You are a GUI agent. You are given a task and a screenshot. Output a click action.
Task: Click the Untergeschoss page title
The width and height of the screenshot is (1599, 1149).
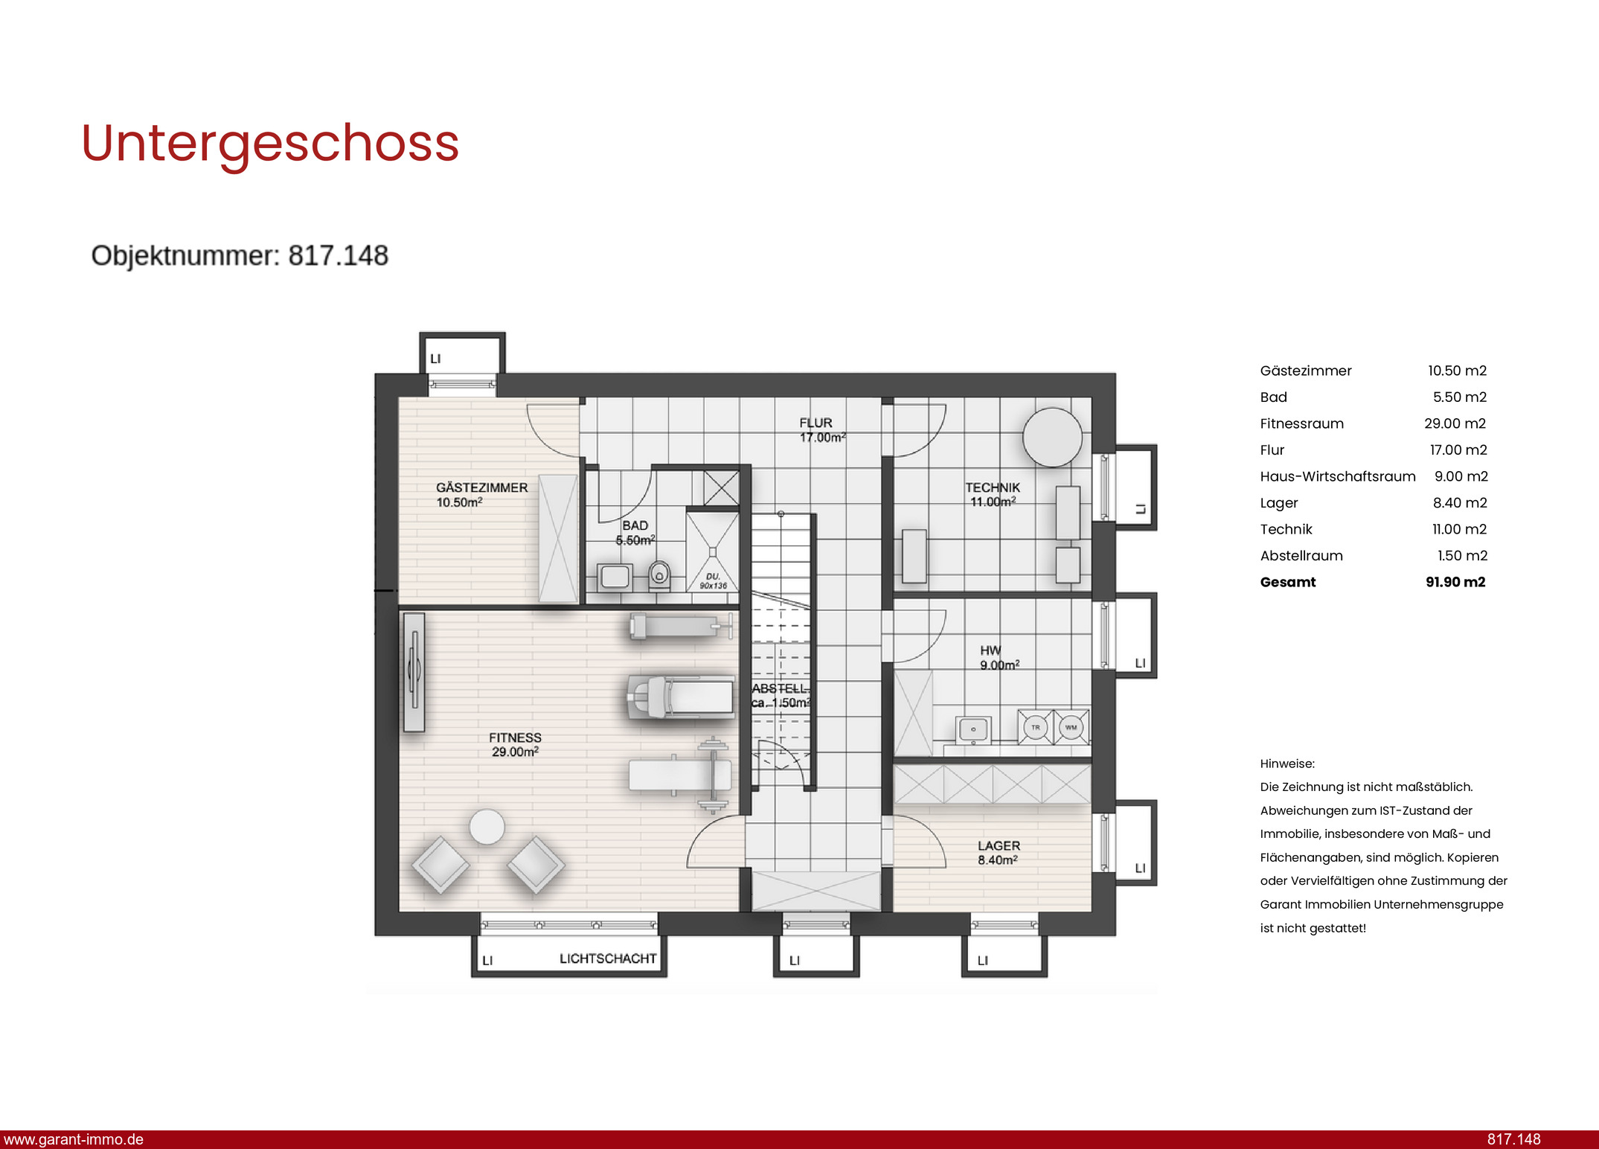point(270,144)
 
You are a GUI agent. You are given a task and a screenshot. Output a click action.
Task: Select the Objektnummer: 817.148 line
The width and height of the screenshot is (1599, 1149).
point(240,256)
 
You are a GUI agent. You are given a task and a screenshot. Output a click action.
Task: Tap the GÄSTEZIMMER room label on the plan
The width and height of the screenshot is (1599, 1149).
point(481,487)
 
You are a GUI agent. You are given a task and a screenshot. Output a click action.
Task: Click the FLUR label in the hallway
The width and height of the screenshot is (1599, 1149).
point(815,423)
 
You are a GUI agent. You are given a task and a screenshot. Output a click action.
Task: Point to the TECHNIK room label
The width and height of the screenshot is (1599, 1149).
point(993,487)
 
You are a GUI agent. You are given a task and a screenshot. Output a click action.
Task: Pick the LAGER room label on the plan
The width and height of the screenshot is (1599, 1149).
point(999,845)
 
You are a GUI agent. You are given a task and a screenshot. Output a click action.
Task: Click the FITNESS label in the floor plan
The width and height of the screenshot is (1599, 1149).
point(515,737)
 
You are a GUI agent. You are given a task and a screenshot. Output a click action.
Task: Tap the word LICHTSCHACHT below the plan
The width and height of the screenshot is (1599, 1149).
point(608,958)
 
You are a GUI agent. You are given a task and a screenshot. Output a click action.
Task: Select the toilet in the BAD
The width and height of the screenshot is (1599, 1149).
point(659,575)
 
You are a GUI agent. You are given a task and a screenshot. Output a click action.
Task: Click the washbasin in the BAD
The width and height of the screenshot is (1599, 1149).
point(615,577)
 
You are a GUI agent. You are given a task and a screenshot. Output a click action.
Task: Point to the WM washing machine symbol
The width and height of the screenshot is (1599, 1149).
point(1071,727)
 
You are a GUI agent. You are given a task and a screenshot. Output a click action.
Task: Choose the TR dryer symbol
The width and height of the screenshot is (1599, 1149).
point(1035,727)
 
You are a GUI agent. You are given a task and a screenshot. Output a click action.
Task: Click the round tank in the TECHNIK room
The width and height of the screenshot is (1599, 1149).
point(1052,438)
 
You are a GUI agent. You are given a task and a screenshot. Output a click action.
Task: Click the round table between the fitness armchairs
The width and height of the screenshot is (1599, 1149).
point(487,827)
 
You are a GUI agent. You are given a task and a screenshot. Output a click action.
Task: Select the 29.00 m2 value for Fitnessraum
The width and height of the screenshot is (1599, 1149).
point(1455,423)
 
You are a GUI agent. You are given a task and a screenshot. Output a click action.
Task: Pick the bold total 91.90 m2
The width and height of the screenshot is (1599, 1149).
point(1455,582)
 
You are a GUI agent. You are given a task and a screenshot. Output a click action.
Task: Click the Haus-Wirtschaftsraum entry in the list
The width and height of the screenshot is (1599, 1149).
point(1338,476)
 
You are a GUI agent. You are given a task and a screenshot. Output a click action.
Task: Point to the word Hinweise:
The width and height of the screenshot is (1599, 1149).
point(1287,764)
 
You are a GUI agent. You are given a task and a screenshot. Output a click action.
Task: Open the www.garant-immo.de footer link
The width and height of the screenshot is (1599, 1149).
point(74,1139)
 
